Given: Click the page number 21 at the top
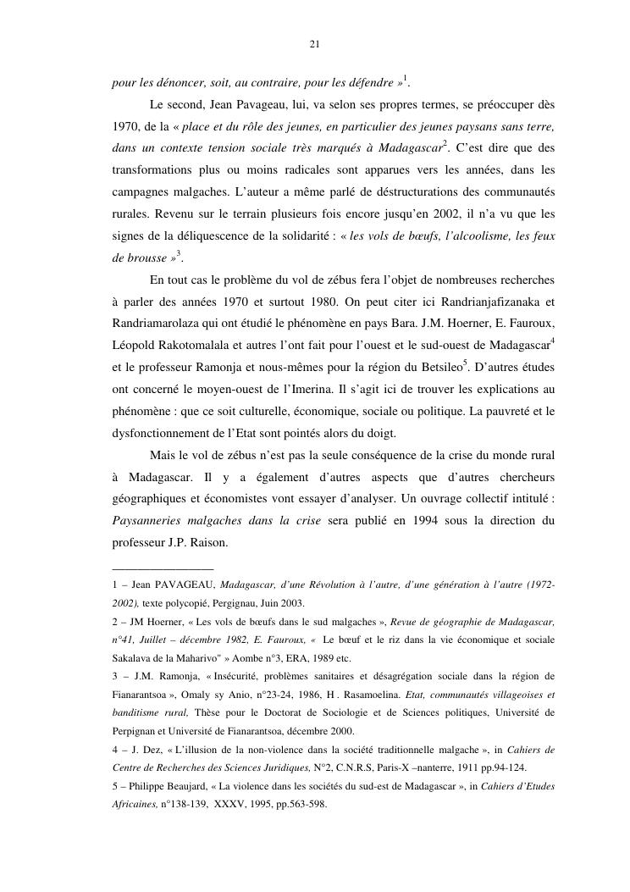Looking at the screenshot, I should [x=314, y=45].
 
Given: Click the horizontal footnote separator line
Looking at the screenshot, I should [x=163, y=568].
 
